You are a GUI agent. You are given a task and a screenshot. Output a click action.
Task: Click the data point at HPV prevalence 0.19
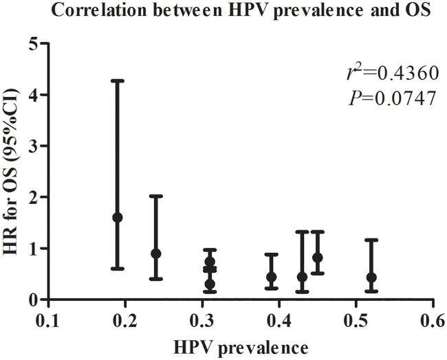[x=118, y=217]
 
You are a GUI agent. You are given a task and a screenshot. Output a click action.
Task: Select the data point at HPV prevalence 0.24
[x=156, y=254]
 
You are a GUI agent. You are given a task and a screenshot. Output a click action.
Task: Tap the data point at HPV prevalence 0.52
[x=372, y=278]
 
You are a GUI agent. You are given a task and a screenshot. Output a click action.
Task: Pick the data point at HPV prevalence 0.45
[x=318, y=258]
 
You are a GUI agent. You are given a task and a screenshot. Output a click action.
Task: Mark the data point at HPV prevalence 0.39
[x=272, y=277]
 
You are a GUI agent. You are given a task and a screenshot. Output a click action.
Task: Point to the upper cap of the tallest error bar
[x=118, y=81]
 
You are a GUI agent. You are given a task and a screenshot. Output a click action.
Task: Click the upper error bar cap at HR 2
[x=156, y=196]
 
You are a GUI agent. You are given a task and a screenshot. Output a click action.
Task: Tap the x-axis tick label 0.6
[x=432, y=320]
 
